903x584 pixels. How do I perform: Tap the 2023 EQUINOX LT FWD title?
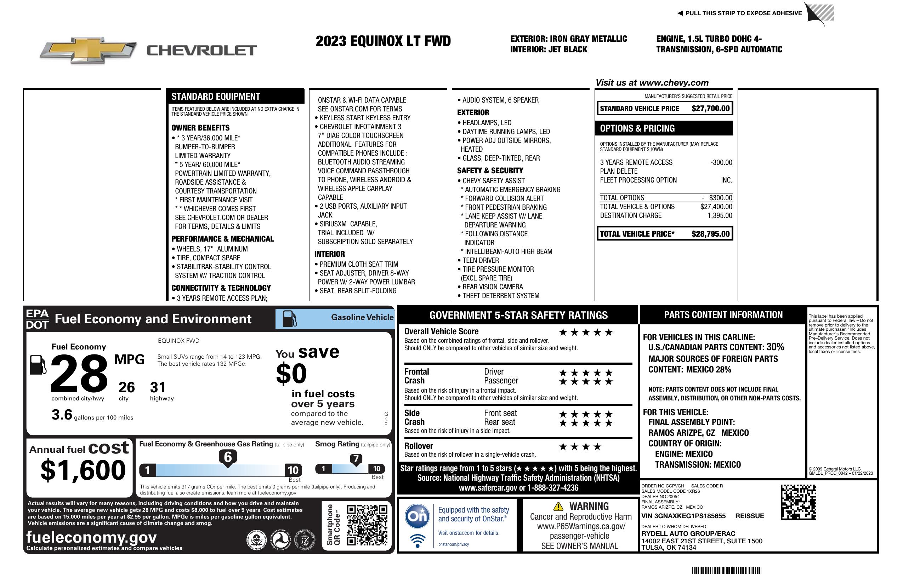click(x=383, y=41)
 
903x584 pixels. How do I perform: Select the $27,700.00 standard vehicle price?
click(x=710, y=108)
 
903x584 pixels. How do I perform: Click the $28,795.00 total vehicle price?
click(x=710, y=234)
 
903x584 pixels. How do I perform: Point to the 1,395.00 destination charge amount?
click(x=720, y=216)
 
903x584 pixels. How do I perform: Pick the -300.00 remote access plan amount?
click(x=721, y=163)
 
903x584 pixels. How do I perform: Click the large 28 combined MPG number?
click(x=79, y=373)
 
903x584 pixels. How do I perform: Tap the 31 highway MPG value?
click(x=158, y=387)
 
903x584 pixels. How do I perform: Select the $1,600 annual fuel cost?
click(x=83, y=470)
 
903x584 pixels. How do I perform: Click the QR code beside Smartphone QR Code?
click(x=367, y=525)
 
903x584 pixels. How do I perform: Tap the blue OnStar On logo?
click(x=417, y=516)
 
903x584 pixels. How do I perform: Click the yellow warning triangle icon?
click(x=558, y=507)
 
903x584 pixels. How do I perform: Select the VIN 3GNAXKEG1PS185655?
click(x=683, y=516)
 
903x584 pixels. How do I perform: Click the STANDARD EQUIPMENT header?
click(x=216, y=97)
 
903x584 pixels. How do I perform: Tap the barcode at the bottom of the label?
click(x=726, y=570)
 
